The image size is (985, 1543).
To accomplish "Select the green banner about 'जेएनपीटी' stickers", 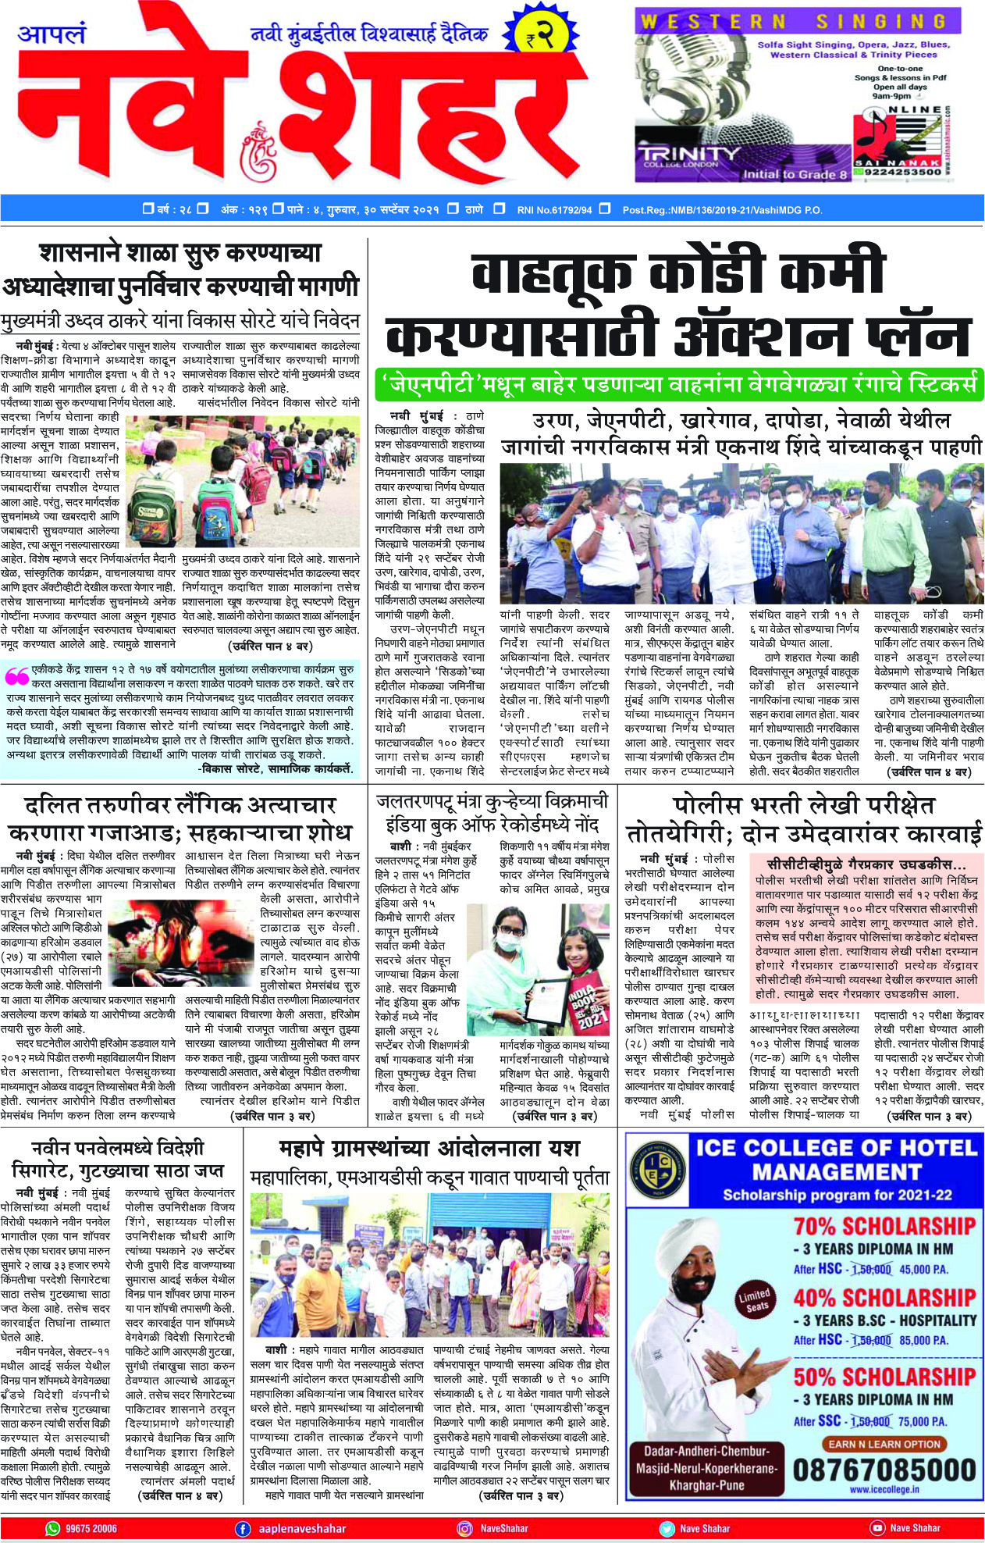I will [677, 384].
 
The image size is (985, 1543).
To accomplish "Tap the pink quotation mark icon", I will [16, 674].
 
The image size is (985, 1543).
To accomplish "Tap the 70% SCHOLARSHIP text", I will [884, 1225].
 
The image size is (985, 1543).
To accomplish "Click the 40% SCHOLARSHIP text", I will [884, 1297].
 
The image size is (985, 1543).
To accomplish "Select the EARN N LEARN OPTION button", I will [884, 1444].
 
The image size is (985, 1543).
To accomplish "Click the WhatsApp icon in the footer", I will [52, 1528].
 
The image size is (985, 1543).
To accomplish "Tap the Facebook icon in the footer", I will [243, 1528].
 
